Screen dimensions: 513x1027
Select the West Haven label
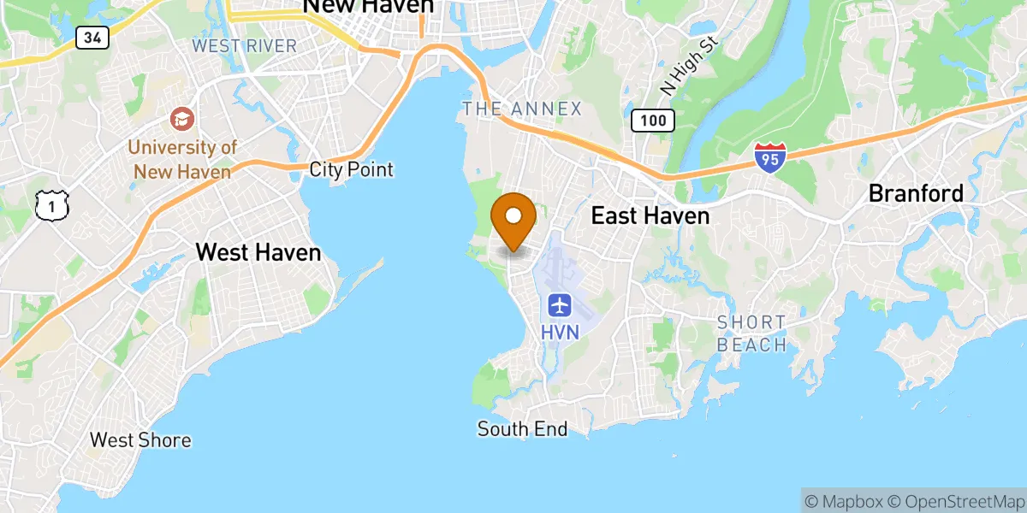(x=258, y=252)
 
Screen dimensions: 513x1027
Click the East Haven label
(x=650, y=215)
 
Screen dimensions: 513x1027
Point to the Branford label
(x=916, y=193)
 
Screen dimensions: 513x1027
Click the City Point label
(x=351, y=169)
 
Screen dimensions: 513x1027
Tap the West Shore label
(x=140, y=440)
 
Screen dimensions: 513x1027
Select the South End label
(x=522, y=429)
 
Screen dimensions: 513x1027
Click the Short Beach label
(x=751, y=333)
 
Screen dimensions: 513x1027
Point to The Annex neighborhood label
(x=521, y=109)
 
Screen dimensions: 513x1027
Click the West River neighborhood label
(x=244, y=45)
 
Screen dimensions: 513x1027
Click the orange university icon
(x=181, y=118)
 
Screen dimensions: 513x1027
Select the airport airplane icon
(x=560, y=304)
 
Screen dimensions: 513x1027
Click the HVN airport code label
(x=560, y=331)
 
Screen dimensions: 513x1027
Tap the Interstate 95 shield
(x=769, y=158)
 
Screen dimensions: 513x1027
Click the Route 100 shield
(x=653, y=121)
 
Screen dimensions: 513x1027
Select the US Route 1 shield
(x=50, y=204)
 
